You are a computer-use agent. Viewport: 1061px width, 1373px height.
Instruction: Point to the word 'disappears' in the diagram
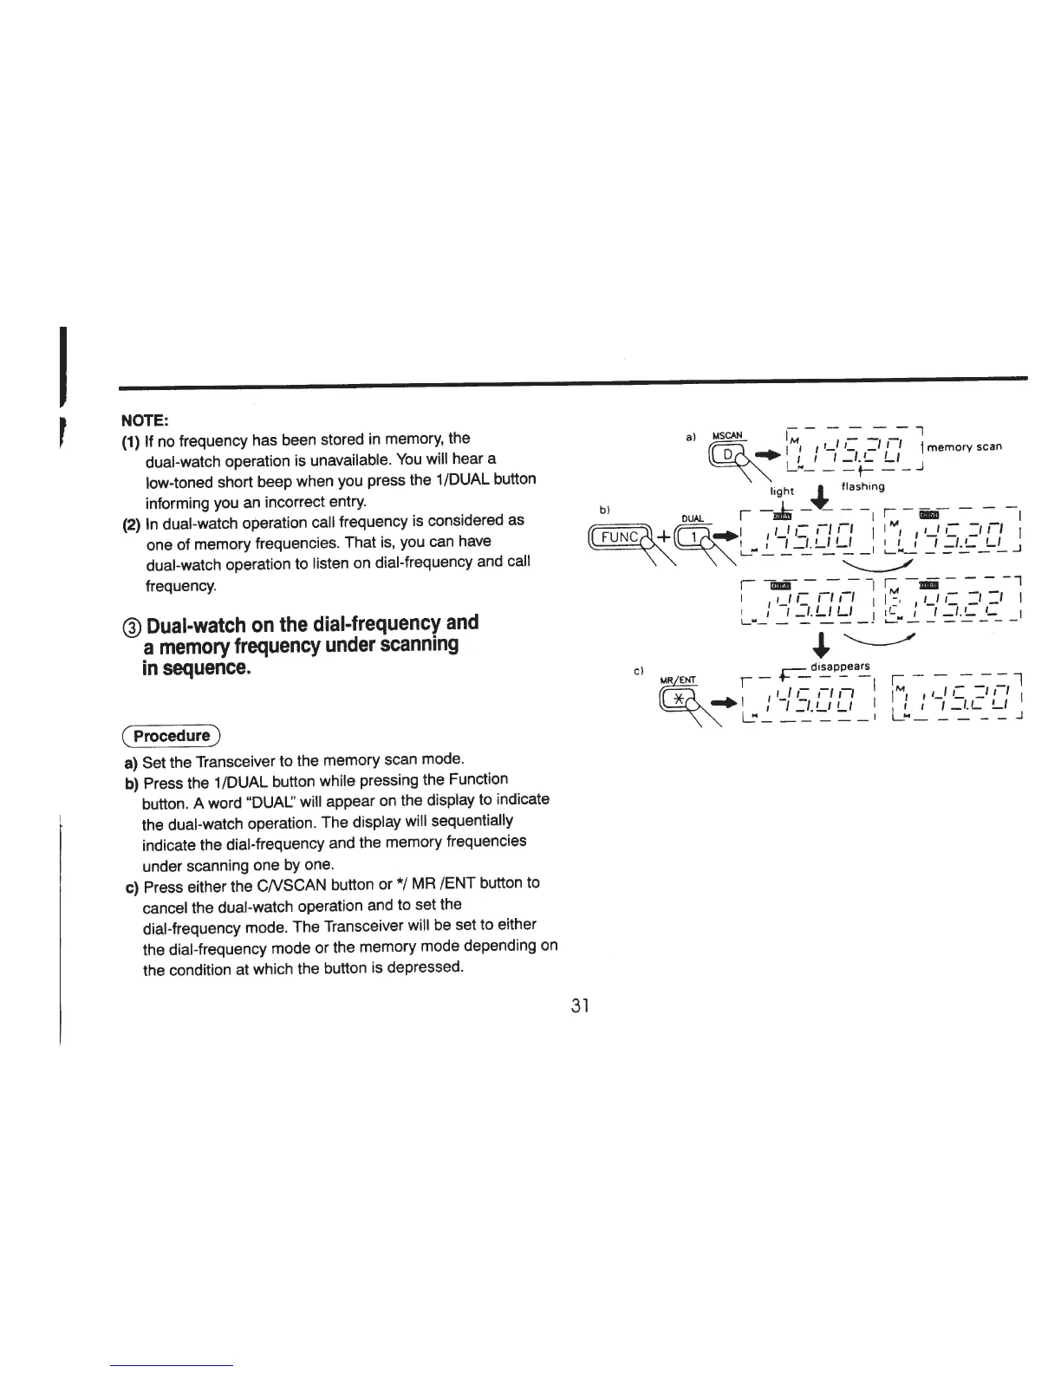(x=839, y=666)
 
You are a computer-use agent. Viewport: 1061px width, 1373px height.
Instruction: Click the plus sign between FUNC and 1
(x=663, y=537)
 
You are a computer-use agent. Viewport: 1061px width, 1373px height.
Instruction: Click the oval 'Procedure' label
(x=172, y=736)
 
